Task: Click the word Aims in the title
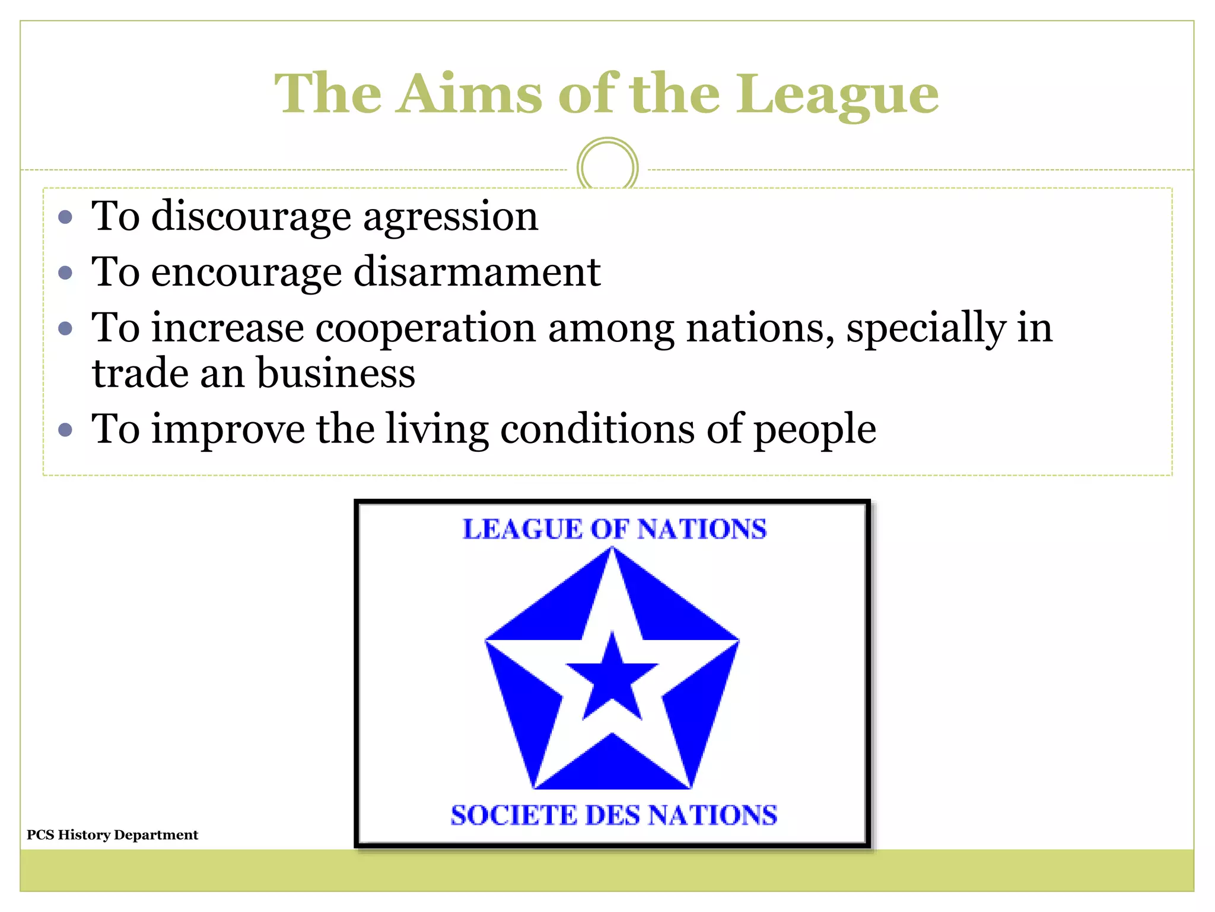(469, 94)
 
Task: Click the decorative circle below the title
(607, 167)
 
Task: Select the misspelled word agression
(450, 217)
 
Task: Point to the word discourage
(251, 217)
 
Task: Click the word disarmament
(477, 273)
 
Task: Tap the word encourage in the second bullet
(246, 273)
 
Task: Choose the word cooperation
(425, 328)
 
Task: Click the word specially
(926, 329)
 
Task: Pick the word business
(336, 374)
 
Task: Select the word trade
(140, 374)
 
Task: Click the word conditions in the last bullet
(597, 429)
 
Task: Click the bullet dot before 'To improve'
(66, 429)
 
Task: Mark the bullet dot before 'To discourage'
(66, 217)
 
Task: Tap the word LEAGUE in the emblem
(523, 529)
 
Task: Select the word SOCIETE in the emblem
(513, 815)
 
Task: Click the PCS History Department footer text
(112, 835)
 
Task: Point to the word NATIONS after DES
(712, 815)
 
